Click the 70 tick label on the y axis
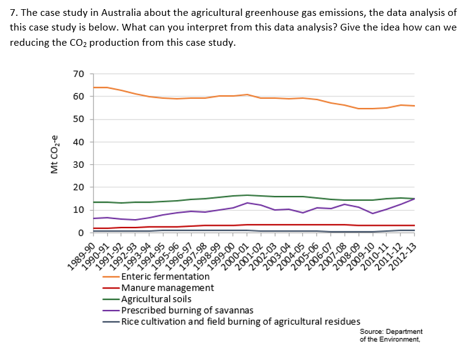point(78,74)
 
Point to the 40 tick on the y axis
point(78,142)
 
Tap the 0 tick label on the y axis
point(81,233)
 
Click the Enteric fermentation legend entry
point(165,276)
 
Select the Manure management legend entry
point(168,287)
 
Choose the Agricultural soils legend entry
point(156,299)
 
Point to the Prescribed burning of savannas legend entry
point(187,310)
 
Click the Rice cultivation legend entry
point(240,322)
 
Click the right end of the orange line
point(414,106)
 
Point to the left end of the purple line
point(93,218)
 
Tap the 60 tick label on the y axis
point(78,96)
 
